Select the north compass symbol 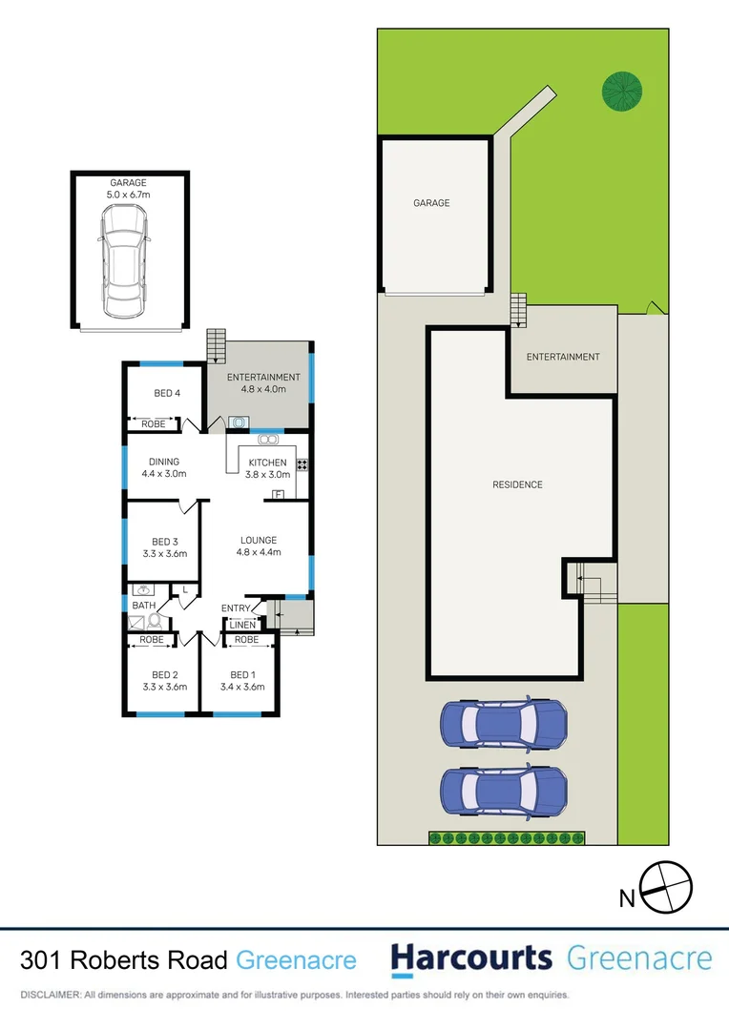tap(664, 887)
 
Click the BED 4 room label tap(166, 393)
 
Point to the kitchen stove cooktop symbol tap(302, 465)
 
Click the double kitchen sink tap(268, 440)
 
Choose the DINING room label tap(163, 462)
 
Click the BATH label tap(144, 606)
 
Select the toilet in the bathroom tap(154, 621)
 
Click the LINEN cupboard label tap(242, 626)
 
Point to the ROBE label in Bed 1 tap(246, 640)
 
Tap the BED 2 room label tap(165, 675)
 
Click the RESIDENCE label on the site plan tap(517, 484)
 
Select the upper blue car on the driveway tap(503, 724)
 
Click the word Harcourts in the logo tap(471, 958)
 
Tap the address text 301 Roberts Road tap(124, 959)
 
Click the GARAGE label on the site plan tap(431, 203)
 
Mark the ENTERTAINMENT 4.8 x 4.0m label tap(263, 383)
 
